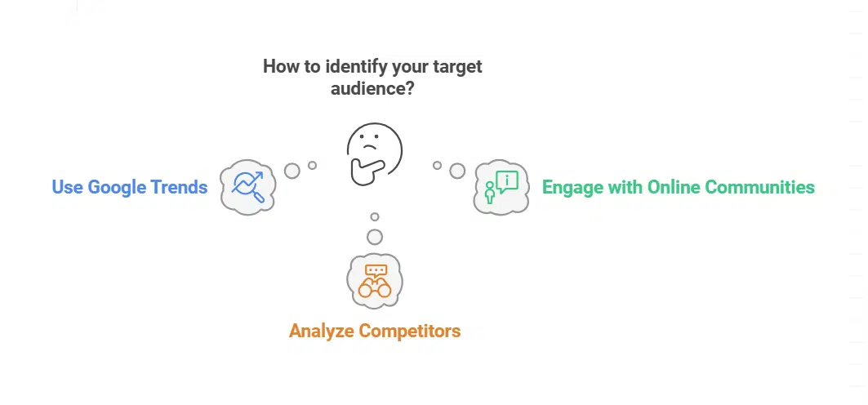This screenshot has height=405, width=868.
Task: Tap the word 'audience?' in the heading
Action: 372,88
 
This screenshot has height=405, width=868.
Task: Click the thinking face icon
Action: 373,152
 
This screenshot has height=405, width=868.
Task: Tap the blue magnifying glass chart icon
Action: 247,187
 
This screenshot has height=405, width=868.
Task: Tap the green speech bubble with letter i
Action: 507,181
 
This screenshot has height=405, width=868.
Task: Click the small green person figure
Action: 490,193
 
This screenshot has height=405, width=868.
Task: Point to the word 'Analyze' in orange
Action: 322,332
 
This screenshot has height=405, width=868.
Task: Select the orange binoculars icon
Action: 374,287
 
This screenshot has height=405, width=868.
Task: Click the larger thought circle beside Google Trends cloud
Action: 292,170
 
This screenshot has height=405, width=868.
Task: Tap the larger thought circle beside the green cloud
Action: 457,170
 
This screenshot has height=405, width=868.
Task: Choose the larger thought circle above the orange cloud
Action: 374,237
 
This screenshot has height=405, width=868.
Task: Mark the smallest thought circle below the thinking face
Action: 374,217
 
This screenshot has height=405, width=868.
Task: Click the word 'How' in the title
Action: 280,67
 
